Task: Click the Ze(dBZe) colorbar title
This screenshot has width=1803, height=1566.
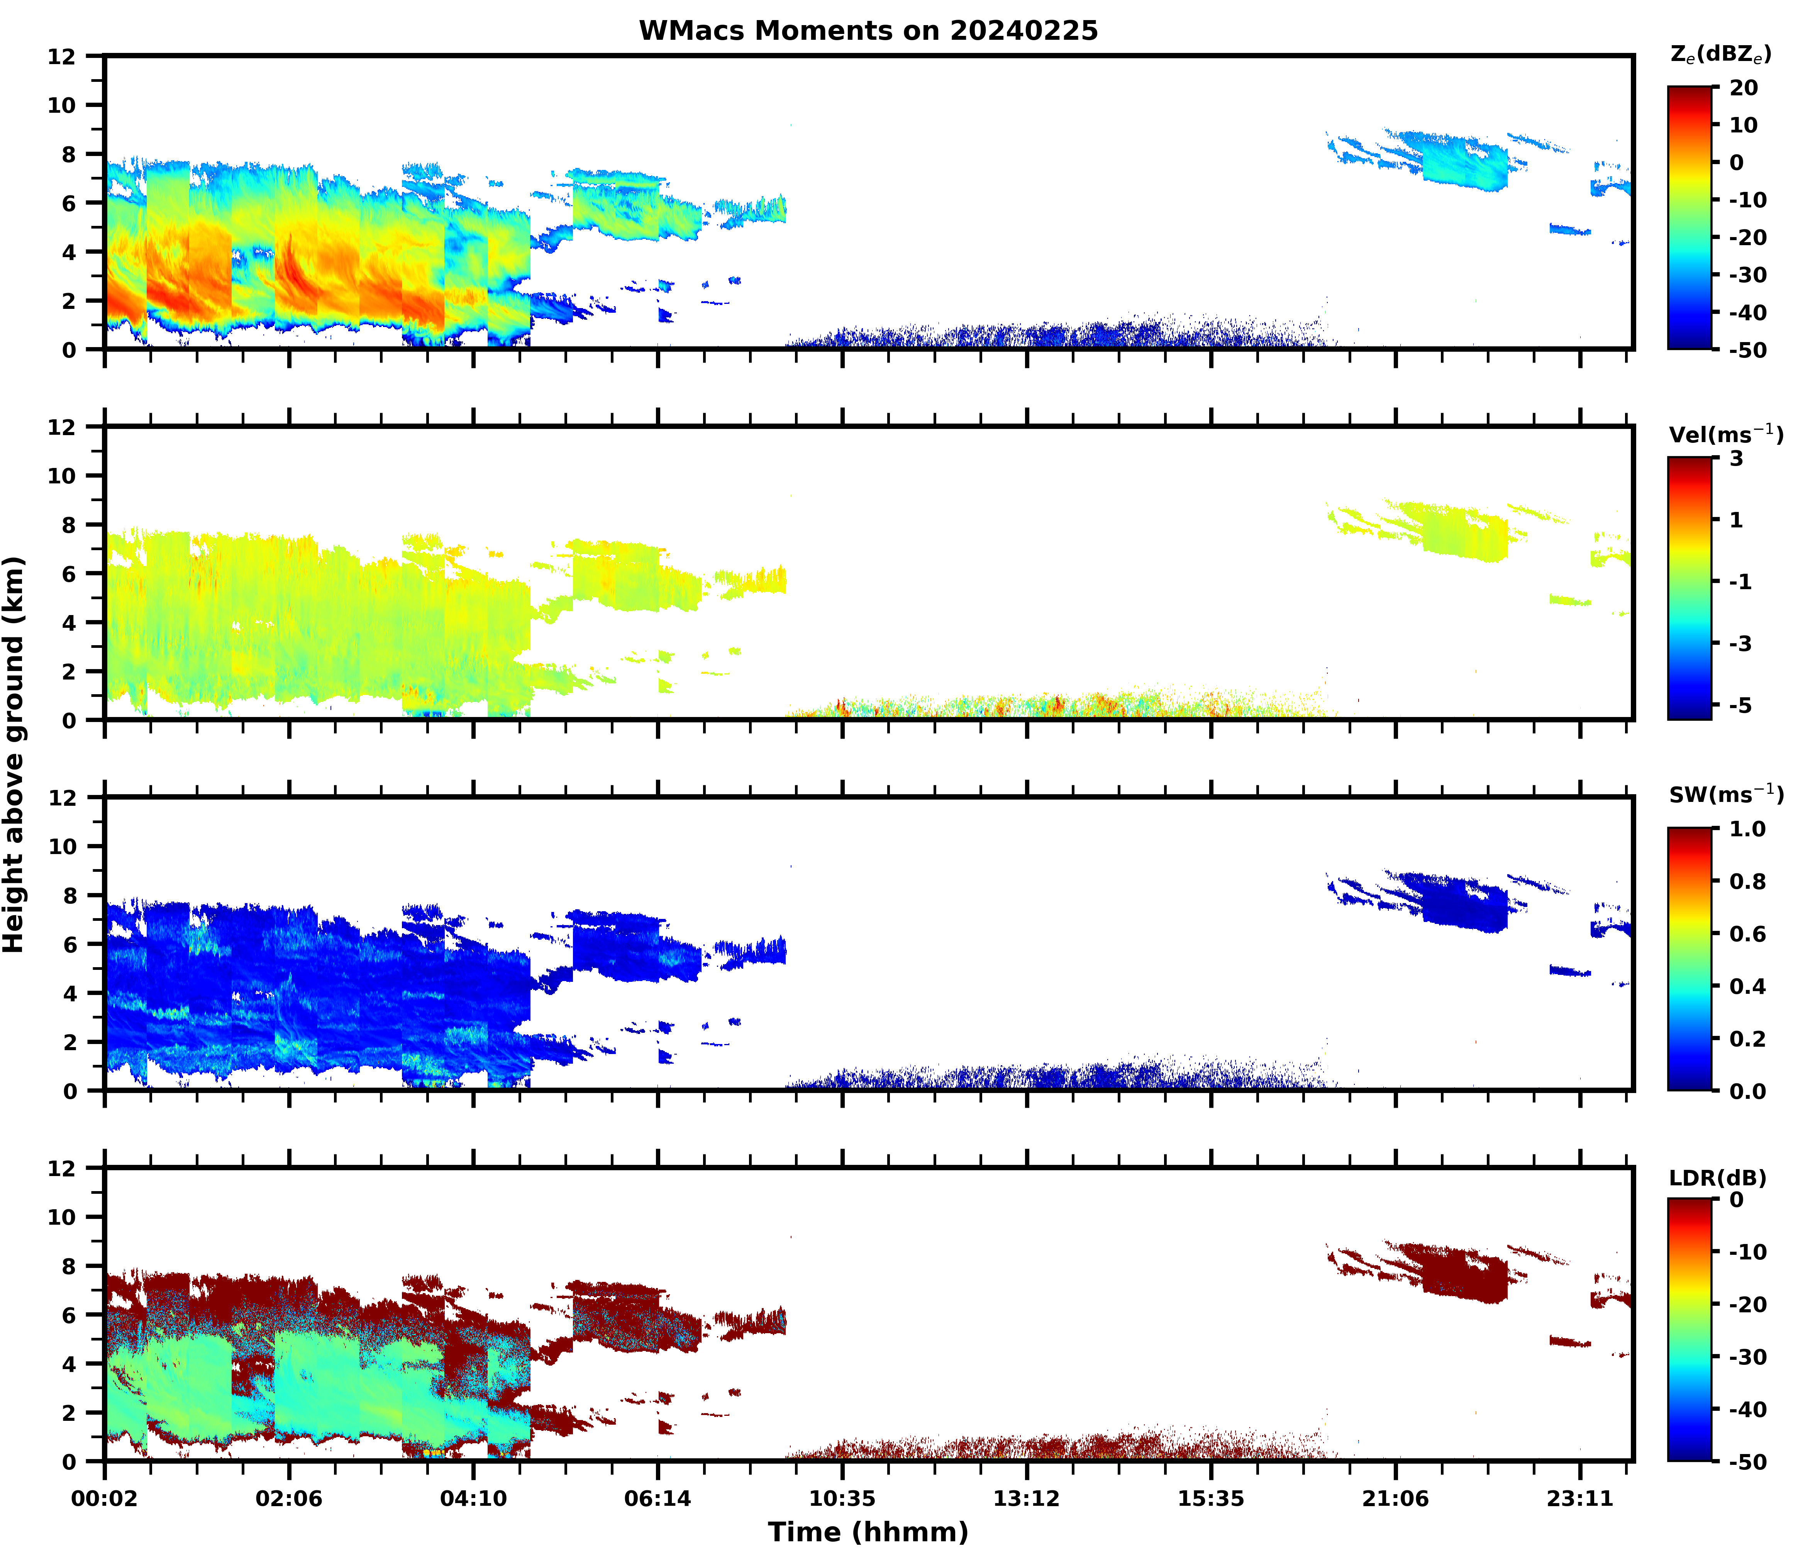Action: tap(1720, 54)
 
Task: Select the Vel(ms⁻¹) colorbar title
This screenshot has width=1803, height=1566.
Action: tap(1725, 434)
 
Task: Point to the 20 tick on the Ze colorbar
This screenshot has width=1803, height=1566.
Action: tap(1743, 88)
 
